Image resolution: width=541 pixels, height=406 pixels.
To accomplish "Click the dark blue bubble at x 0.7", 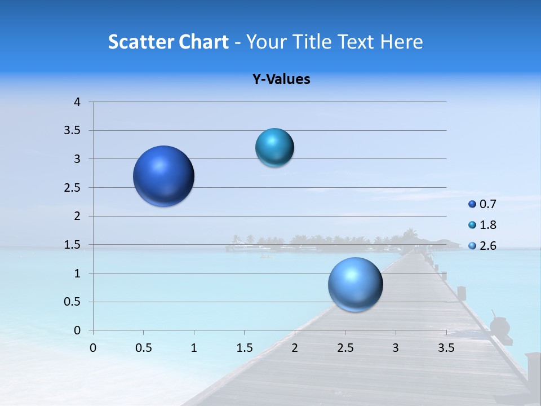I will tap(164, 176).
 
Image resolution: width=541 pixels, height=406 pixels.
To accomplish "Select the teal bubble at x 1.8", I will tap(274, 148).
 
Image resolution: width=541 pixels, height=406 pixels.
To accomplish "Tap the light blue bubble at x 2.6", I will tap(355, 284).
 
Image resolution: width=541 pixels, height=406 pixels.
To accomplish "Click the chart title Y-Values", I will tap(281, 80).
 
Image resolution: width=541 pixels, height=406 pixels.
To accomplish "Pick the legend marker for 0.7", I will tap(472, 204).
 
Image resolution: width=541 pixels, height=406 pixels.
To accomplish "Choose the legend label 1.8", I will tap(488, 225).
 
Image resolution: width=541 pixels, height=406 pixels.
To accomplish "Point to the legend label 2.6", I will tap(488, 246).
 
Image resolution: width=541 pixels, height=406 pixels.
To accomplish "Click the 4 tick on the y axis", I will tap(77, 102).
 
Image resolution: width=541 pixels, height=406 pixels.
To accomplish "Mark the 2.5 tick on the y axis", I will tap(72, 188).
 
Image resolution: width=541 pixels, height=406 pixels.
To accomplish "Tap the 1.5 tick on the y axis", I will tap(72, 245).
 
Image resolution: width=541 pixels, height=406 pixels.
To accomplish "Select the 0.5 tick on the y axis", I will tap(72, 302).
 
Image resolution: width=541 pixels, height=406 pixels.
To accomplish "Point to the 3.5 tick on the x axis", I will tap(446, 348).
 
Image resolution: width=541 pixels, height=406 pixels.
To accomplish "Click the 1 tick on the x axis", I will tap(194, 348).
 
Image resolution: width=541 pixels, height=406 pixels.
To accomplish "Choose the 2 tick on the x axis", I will tap(295, 348).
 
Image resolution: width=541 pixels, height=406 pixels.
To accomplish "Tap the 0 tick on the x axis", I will tap(93, 348).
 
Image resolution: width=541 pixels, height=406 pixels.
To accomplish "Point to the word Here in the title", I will tap(401, 42).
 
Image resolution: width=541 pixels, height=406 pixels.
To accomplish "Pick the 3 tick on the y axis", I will tap(77, 159).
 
